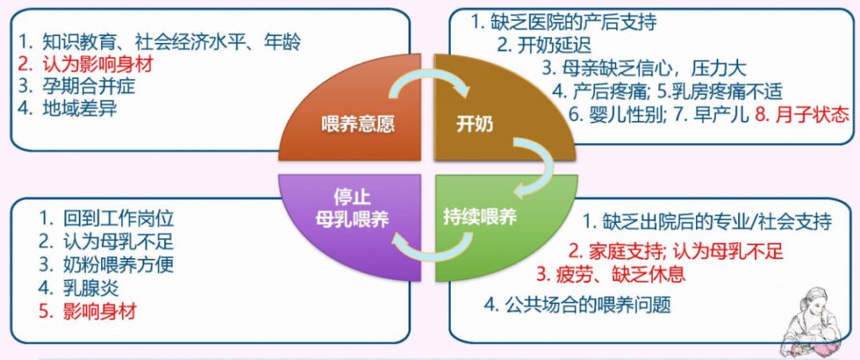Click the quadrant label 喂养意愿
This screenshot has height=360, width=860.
pyautogui.click(x=357, y=125)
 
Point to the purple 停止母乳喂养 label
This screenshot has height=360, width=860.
pyautogui.click(x=352, y=209)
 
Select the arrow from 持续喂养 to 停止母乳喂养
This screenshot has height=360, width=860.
pyautogui.click(x=433, y=248)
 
